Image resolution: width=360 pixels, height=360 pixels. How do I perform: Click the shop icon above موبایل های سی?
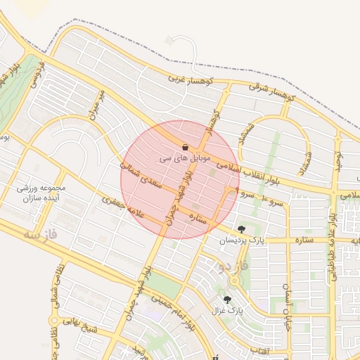click(x=185, y=147)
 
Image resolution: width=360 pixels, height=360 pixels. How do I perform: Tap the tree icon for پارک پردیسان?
click(x=242, y=229)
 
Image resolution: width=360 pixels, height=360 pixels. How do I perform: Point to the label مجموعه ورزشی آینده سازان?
click(x=41, y=193)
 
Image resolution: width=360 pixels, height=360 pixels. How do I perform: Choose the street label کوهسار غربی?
click(x=186, y=79)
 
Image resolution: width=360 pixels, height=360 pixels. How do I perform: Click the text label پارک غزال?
click(x=227, y=310)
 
